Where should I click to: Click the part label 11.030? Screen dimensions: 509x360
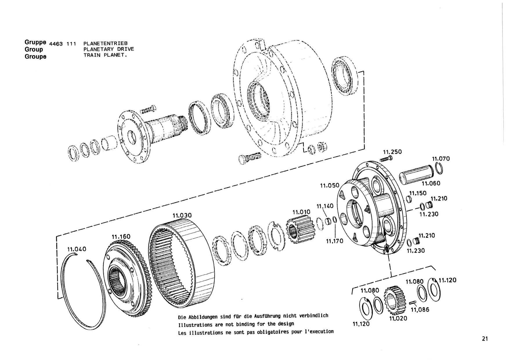182,215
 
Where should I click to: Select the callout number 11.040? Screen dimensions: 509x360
77,249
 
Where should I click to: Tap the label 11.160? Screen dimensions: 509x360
121,237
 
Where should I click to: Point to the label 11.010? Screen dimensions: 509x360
301,212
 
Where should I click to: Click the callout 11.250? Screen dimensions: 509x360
392,152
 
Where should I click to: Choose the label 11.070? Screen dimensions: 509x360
441,159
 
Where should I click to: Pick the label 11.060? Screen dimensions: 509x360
431,183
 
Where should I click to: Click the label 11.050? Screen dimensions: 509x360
330,186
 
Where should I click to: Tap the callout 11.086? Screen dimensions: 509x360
420,309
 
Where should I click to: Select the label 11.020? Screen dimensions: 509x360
398,318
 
